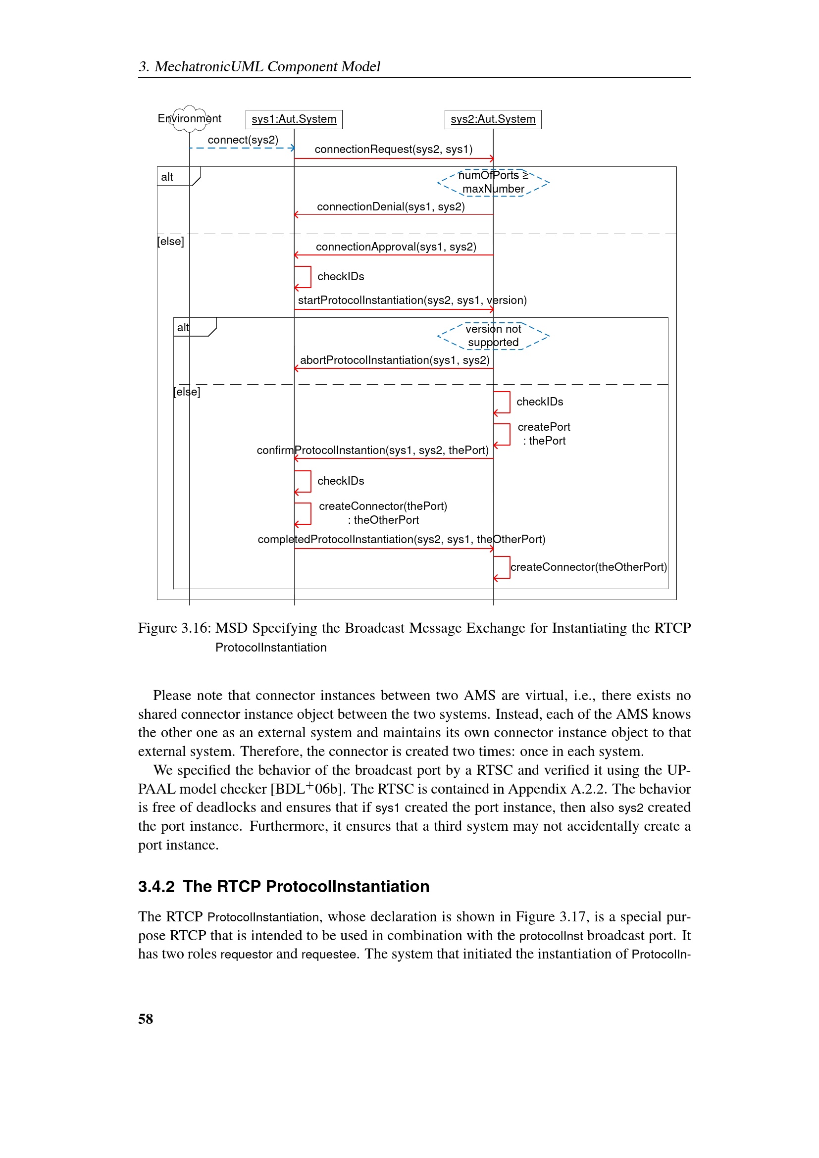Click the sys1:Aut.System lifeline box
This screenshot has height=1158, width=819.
(x=294, y=119)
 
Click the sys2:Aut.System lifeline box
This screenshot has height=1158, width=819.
(x=493, y=119)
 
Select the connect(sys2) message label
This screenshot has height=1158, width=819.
(x=243, y=140)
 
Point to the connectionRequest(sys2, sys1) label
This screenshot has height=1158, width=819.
(x=393, y=150)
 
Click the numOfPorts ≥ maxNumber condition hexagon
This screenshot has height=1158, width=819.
(x=493, y=182)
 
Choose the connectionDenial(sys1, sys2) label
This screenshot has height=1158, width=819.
(x=391, y=207)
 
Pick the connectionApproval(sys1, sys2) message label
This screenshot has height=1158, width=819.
(x=396, y=247)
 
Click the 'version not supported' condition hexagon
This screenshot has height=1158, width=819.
(x=493, y=336)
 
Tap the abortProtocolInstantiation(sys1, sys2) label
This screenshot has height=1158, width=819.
(x=395, y=360)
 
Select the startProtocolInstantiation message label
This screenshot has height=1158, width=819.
(x=412, y=300)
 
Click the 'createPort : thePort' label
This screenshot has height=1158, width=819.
(x=544, y=434)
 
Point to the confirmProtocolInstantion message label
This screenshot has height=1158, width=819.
(x=373, y=450)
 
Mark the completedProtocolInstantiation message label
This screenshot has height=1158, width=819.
(x=402, y=539)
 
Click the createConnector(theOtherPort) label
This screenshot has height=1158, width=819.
(x=589, y=567)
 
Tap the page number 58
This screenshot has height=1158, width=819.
(x=146, y=1019)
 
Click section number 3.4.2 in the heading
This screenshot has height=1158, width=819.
(x=156, y=886)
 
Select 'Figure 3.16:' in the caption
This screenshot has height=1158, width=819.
(x=174, y=628)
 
